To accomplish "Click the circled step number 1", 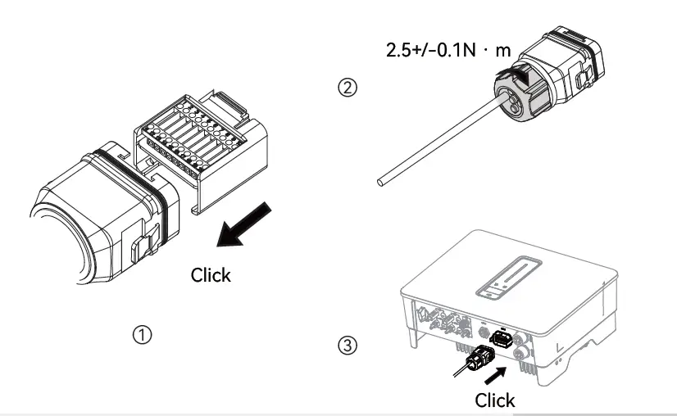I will point(143,335).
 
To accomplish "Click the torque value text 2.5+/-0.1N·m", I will point(448,50).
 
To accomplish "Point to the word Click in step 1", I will point(211,275).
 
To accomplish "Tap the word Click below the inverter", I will point(495,400).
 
